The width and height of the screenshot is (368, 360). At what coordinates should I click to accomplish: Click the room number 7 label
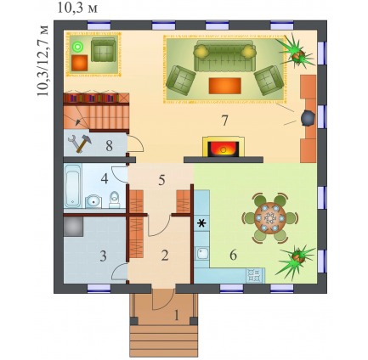point(224,121)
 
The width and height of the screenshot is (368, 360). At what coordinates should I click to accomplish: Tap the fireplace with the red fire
point(224,147)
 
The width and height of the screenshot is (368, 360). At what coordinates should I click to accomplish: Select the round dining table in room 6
point(269,218)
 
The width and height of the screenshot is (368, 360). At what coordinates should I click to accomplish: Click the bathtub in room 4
point(73,186)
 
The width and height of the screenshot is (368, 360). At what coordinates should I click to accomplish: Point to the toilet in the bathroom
point(115,200)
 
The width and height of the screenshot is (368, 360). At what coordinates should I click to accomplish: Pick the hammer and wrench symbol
point(80,143)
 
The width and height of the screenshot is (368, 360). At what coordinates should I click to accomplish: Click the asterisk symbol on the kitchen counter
point(201,224)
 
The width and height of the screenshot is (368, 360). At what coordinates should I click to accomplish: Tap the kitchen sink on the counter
point(203,253)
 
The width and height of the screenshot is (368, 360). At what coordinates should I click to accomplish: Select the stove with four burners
point(255,275)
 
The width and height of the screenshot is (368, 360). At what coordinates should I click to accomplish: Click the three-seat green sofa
point(224,56)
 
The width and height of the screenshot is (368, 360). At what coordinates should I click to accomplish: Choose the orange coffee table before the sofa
point(225,86)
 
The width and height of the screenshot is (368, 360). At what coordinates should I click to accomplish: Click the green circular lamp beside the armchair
point(76,47)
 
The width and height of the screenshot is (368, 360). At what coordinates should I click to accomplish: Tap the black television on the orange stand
point(308,117)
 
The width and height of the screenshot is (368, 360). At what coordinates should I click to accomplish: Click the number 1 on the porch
point(177,315)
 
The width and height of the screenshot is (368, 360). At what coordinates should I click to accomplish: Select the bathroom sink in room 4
point(93,201)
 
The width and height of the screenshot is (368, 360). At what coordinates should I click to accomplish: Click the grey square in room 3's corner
point(73,227)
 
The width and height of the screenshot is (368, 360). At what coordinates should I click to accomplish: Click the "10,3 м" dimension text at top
point(77,8)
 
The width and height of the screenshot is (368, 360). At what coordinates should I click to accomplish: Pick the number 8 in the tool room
point(109,146)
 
